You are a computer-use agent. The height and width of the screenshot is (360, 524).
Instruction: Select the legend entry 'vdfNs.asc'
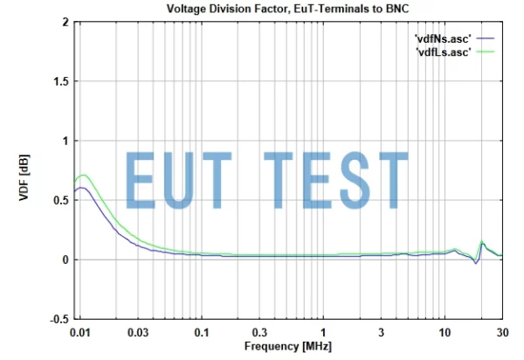444,38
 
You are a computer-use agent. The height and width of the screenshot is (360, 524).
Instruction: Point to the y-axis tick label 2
65,22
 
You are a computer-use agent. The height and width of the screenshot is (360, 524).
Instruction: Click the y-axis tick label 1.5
59,81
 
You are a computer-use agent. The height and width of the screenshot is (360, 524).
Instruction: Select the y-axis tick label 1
65,141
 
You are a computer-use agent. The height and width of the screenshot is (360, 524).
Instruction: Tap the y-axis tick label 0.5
59,200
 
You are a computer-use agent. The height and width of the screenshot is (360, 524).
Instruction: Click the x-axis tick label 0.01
80,333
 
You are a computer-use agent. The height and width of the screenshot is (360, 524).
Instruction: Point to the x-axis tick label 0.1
202,333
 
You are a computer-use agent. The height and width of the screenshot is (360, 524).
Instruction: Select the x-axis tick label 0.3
259,333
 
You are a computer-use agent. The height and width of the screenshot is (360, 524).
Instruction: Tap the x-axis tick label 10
445,333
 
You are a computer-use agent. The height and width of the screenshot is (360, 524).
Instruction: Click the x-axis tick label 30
502,333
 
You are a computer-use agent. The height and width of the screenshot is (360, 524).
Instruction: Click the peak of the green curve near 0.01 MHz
84,175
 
